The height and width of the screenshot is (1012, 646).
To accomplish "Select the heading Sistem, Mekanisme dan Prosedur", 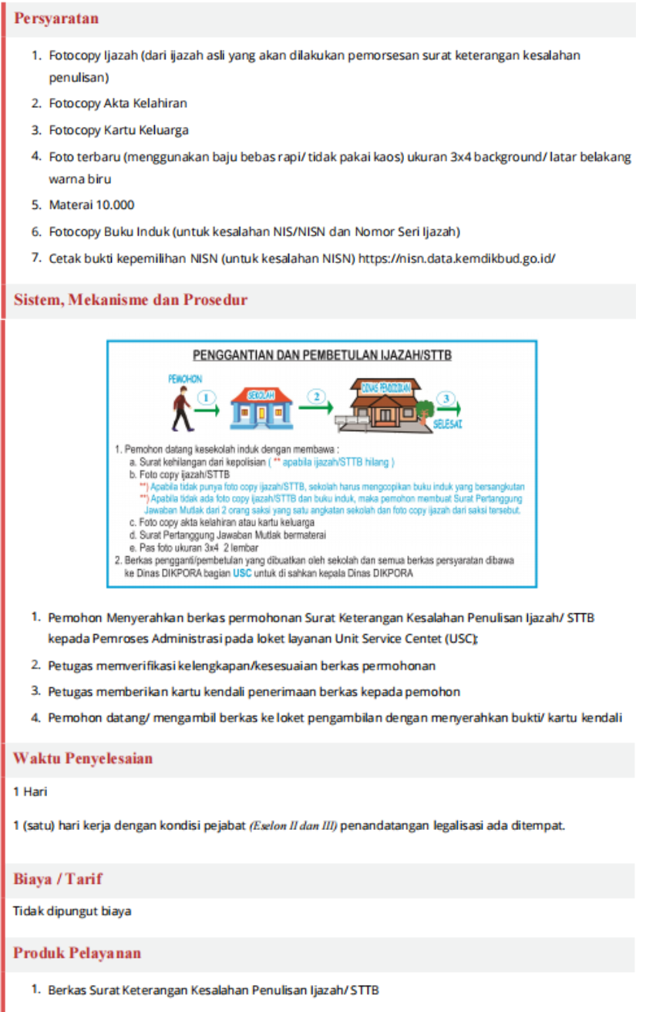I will click(x=130, y=300).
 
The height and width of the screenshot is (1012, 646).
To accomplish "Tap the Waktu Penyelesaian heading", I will click(x=82, y=758).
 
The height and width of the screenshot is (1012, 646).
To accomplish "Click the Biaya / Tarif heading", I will click(x=58, y=879).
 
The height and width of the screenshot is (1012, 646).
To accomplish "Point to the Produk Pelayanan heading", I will click(x=77, y=953).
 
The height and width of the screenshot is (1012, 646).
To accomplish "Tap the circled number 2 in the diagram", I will click(x=315, y=396).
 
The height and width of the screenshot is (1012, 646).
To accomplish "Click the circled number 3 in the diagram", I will click(x=445, y=398).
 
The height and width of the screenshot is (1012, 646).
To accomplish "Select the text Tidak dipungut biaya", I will click(x=72, y=911).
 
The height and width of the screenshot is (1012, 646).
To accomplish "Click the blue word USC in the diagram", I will click(x=243, y=573).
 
